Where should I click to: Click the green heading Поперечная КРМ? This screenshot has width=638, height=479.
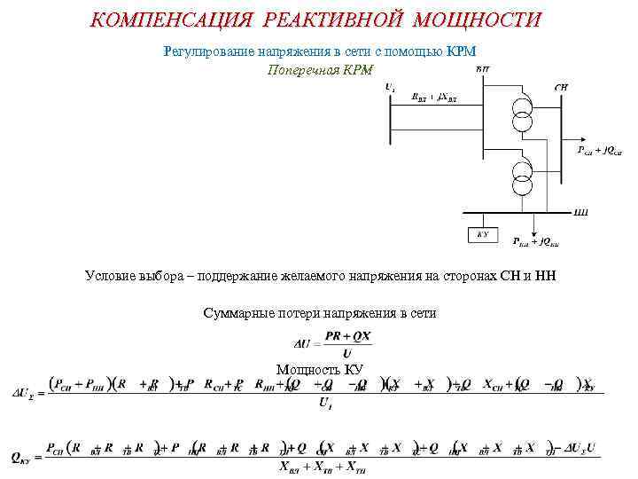(x=320, y=70)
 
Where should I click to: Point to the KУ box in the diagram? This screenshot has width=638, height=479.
(x=482, y=235)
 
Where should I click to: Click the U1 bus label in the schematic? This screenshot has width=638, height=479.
(x=391, y=87)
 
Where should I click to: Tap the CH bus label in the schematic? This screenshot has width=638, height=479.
(x=561, y=87)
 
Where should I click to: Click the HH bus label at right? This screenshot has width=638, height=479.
(x=581, y=212)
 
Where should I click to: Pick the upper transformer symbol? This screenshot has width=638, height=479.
(x=523, y=112)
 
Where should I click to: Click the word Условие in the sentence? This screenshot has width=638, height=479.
(x=111, y=276)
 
